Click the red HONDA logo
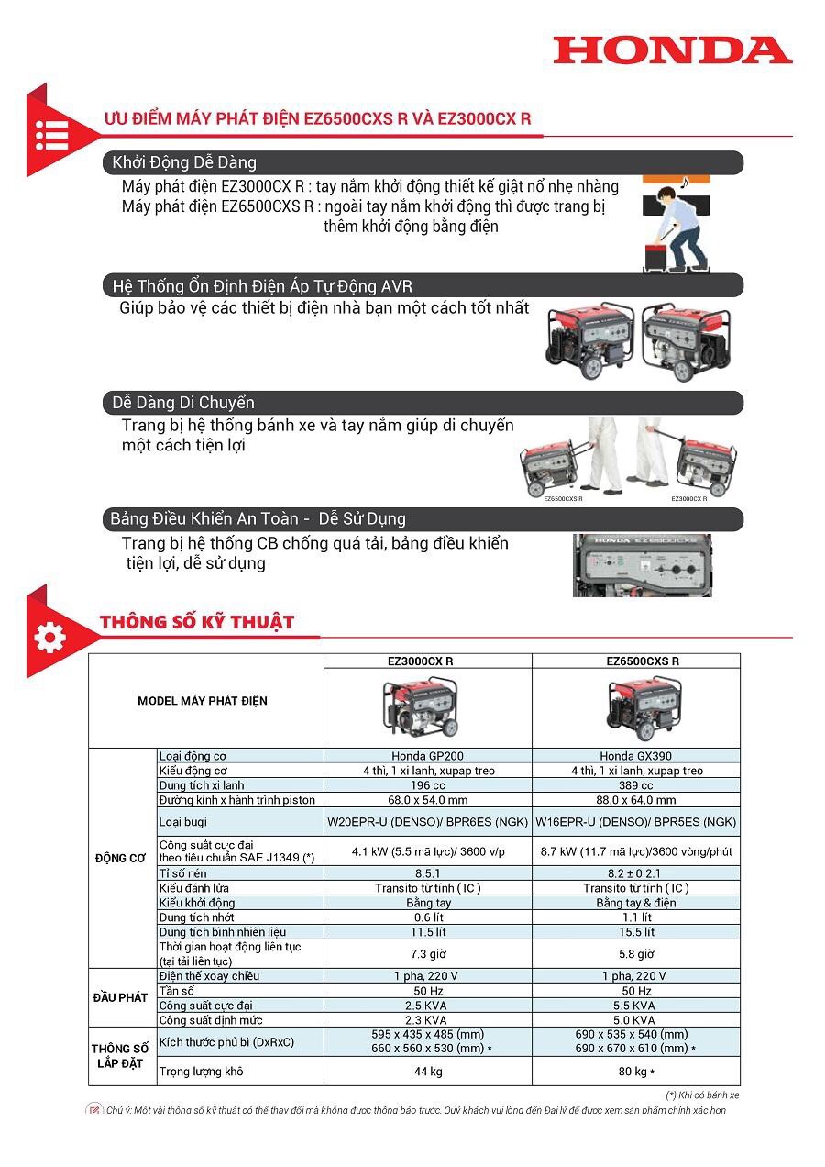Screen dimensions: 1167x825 [673, 50]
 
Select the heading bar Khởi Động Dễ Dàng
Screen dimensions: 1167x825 [422, 162]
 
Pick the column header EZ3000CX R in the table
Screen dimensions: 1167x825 [428, 661]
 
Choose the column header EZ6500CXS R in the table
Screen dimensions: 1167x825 [636, 661]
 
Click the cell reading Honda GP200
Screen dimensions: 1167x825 [428, 756]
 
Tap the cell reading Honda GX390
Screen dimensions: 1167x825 [636, 756]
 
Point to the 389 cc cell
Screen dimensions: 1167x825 [636, 785]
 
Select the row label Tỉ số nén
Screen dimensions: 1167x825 [183, 873]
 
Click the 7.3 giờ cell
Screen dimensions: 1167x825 [428, 954]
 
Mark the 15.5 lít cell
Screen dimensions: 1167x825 [636, 932]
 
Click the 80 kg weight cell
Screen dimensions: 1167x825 [636, 1072]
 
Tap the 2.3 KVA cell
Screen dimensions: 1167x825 [428, 1020]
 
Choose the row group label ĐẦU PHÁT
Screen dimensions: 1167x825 [121, 998]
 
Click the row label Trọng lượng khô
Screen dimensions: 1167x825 [202, 1072]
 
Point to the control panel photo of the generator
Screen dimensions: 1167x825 [642, 565]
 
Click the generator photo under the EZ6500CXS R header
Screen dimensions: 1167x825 [642, 708]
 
